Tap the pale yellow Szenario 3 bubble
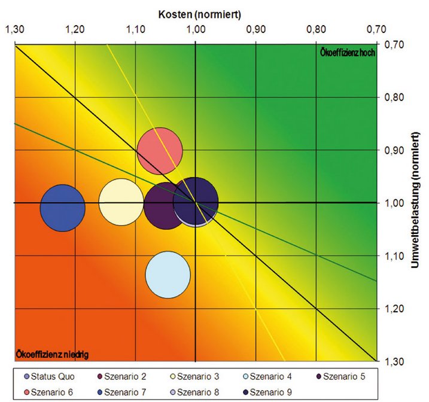click(x=121, y=201)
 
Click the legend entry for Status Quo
click(x=50, y=376)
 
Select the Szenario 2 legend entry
click(x=121, y=376)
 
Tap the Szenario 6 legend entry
click(x=50, y=391)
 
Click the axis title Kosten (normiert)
click(x=196, y=13)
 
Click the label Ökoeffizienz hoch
click(x=348, y=53)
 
